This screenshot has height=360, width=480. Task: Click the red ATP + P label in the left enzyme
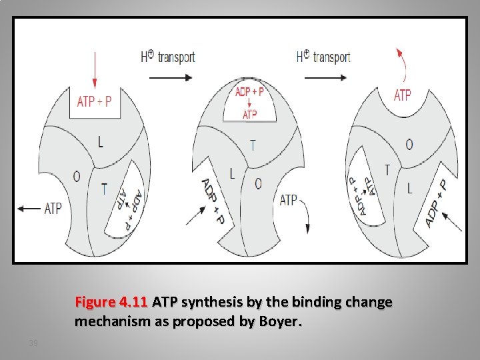[x=95, y=101]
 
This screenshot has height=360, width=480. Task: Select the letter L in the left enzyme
[x=100, y=141]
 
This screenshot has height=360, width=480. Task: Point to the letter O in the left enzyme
[x=76, y=176]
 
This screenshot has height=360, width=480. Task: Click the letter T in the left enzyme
[x=104, y=189]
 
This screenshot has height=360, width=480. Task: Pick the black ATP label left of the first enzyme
[x=53, y=209]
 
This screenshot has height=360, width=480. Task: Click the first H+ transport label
[x=167, y=57]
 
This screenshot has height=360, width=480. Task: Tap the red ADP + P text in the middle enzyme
[x=249, y=91]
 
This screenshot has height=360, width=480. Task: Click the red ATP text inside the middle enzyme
[x=249, y=115]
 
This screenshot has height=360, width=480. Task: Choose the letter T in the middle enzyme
[x=253, y=145]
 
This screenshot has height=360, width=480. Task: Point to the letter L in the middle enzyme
[x=232, y=174]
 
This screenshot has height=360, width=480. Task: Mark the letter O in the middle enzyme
[x=258, y=183]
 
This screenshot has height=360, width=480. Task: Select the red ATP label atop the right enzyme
[x=403, y=95]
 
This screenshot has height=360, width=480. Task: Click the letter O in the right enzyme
[x=409, y=145]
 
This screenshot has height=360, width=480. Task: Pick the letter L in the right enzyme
[x=409, y=188]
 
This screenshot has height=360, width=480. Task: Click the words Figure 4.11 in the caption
[x=111, y=302]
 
